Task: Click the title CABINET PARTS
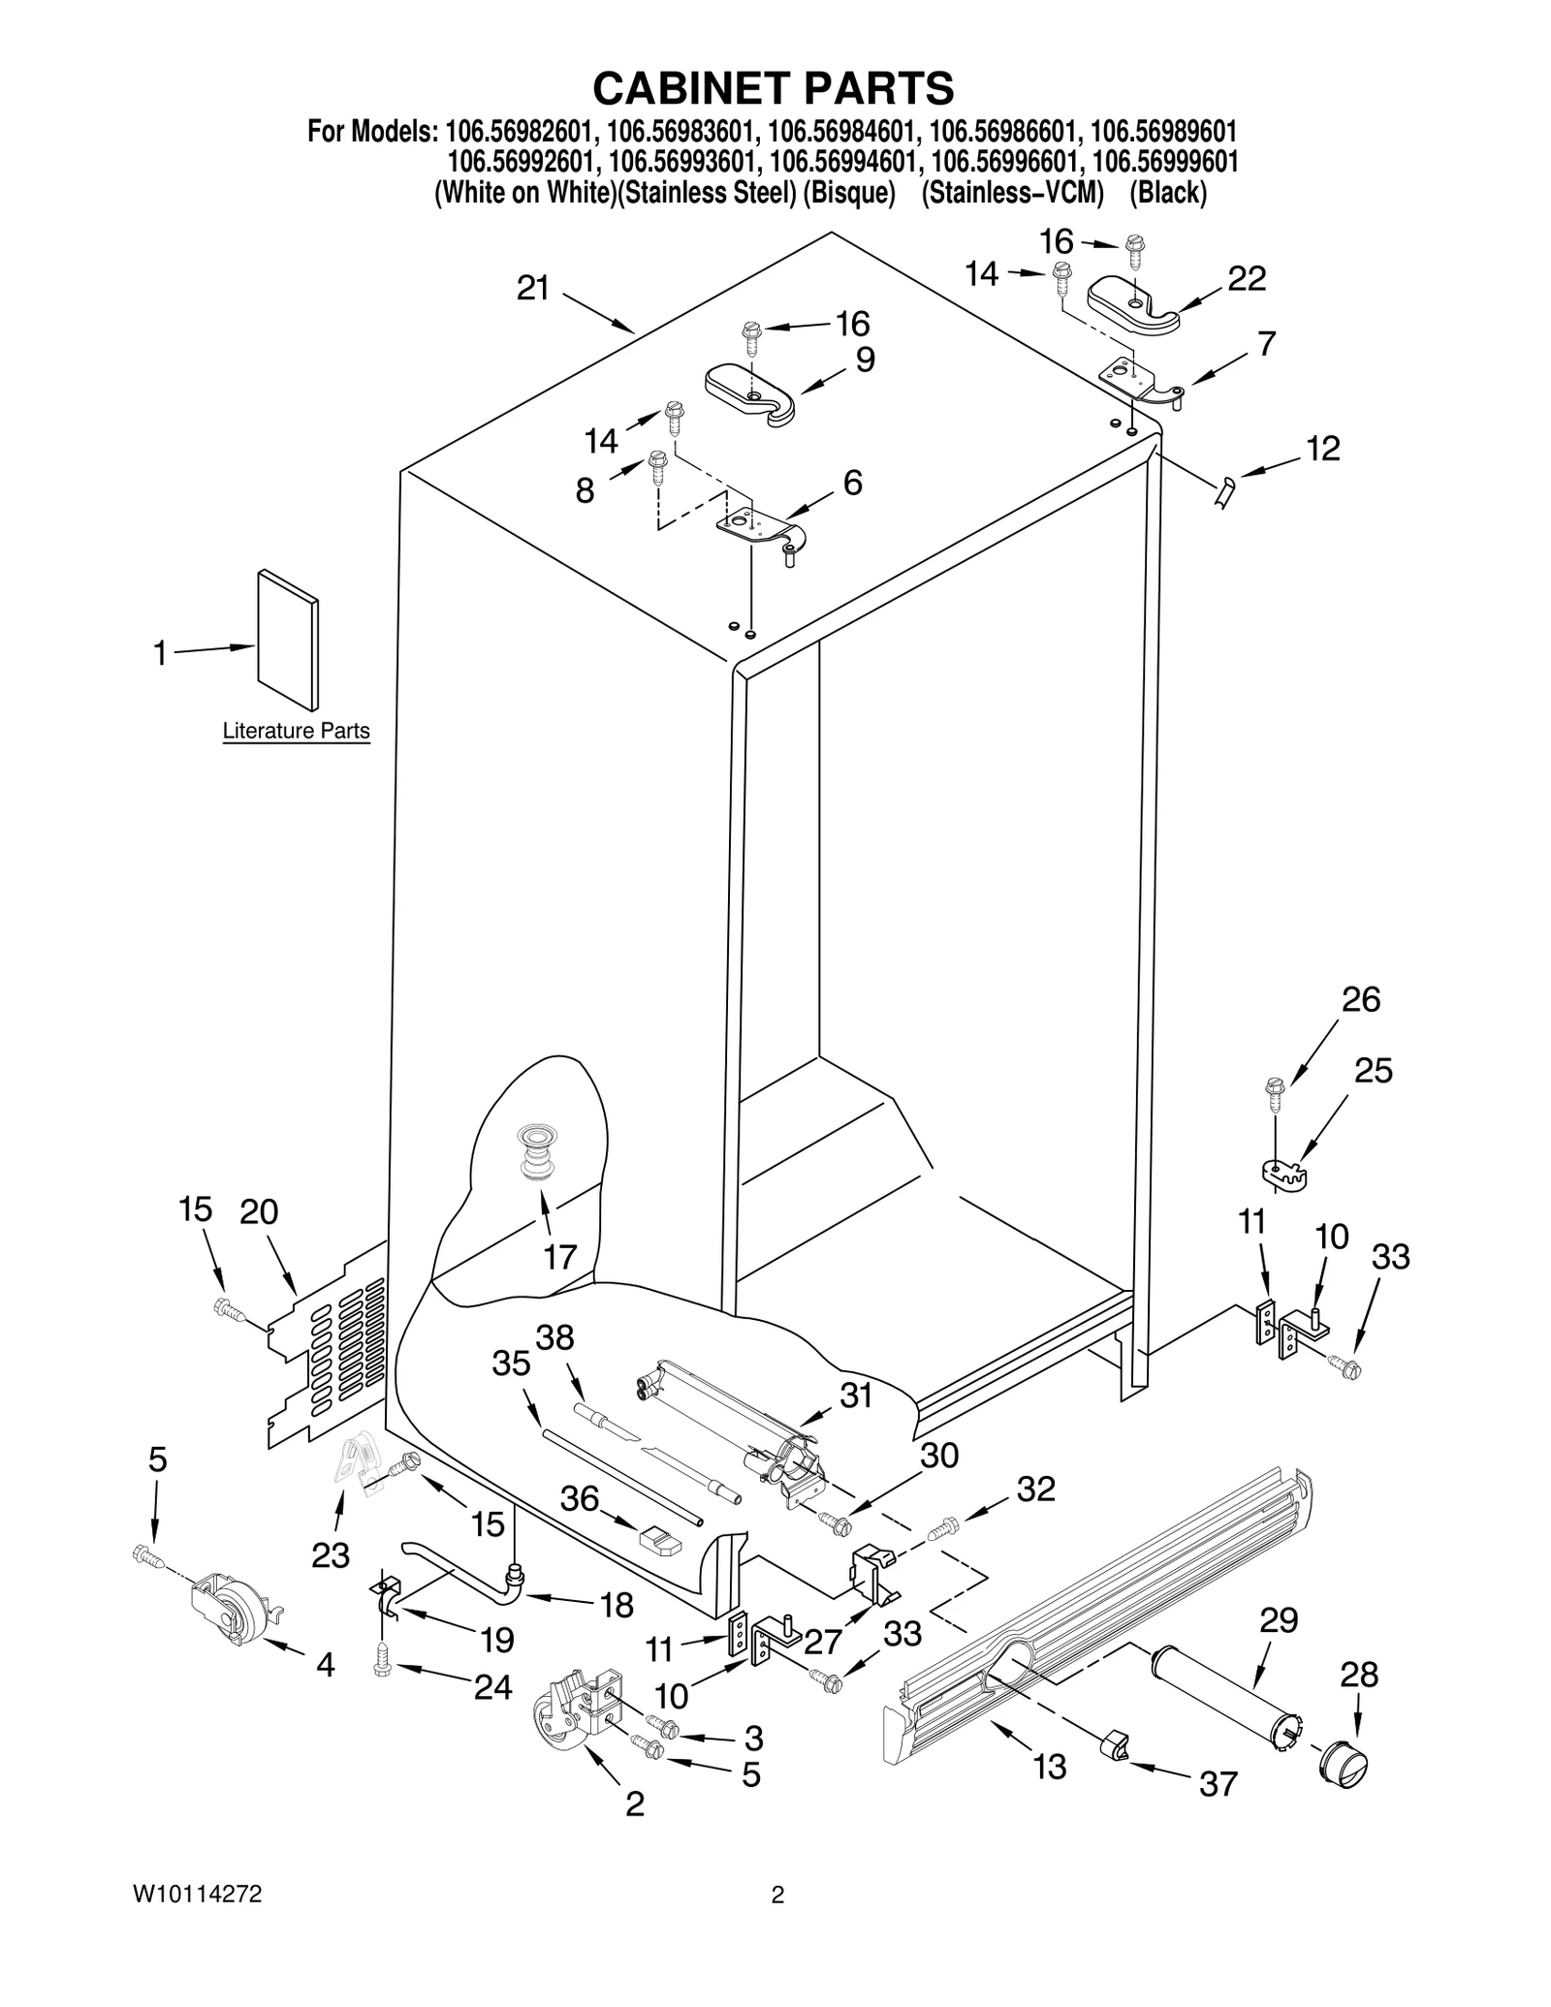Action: click(773, 88)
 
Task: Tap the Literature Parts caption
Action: click(296, 731)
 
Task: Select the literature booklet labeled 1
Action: click(288, 640)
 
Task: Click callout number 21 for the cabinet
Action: click(532, 289)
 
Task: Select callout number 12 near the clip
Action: click(1322, 449)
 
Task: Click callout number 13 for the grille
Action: click(1050, 1767)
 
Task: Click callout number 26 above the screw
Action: click(1360, 1000)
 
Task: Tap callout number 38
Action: click(555, 1338)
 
